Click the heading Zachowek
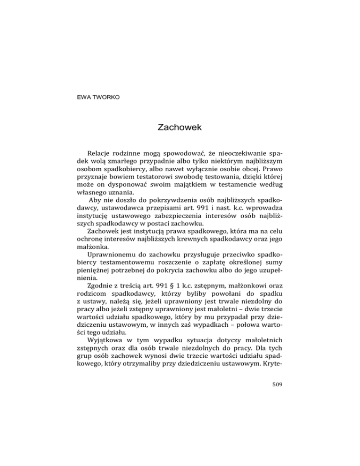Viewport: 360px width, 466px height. click(180, 127)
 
